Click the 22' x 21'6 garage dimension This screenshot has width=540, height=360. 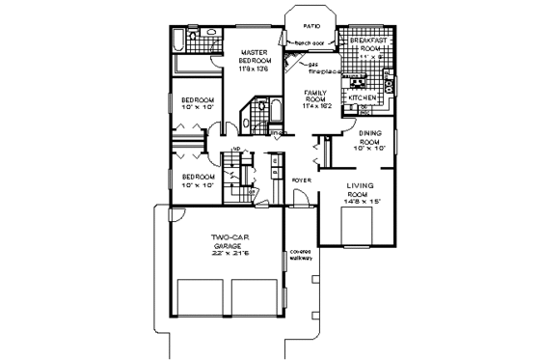pos(229,256)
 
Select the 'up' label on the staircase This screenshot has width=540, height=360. pos(235,149)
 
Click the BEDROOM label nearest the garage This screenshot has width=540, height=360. pos(199,177)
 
